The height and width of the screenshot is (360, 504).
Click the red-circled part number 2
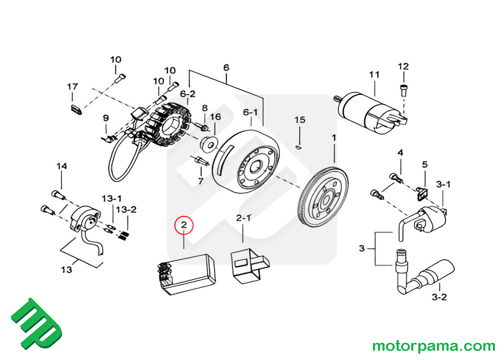coord(184,225)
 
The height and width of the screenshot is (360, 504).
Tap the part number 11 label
coord(373,75)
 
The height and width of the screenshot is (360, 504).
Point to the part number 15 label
coord(300,120)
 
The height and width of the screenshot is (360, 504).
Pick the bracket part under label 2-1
coord(247,264)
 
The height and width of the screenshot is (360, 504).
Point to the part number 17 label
coord(73,87)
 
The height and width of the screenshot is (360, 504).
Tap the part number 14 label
coord(61,166)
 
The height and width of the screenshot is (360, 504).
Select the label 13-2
coord(126,209)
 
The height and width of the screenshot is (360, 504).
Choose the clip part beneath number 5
coord(423,191)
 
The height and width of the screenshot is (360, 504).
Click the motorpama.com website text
coord(433,346)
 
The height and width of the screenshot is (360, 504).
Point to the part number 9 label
coord(106,118)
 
